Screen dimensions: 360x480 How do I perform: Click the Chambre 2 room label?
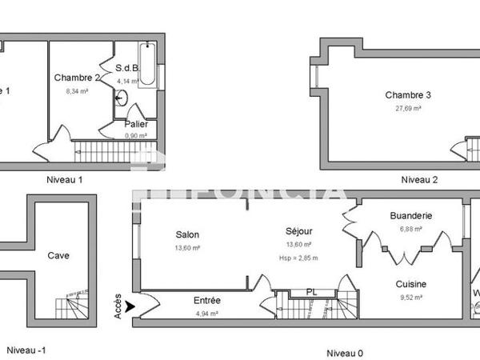(77, 78)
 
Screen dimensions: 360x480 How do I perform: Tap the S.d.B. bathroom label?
(128, 68)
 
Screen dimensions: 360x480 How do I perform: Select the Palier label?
(136, 124)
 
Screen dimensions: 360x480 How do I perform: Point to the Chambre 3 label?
(408, 95)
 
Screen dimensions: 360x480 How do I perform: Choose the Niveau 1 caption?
(65, 180)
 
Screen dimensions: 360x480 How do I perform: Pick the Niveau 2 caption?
(419, 180)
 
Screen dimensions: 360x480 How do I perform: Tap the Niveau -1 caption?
(26, 350)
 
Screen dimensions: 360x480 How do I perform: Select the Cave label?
(58, 256)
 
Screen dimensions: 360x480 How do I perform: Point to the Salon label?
(187, 235)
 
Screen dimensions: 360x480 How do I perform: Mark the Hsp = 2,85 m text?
(298, 258)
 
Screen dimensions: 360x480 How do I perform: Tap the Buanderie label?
(411, 216)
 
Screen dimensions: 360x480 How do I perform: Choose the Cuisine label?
(410, 284)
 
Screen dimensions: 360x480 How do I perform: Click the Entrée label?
(207, 301)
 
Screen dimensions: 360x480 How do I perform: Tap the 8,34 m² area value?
(77, 91)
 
